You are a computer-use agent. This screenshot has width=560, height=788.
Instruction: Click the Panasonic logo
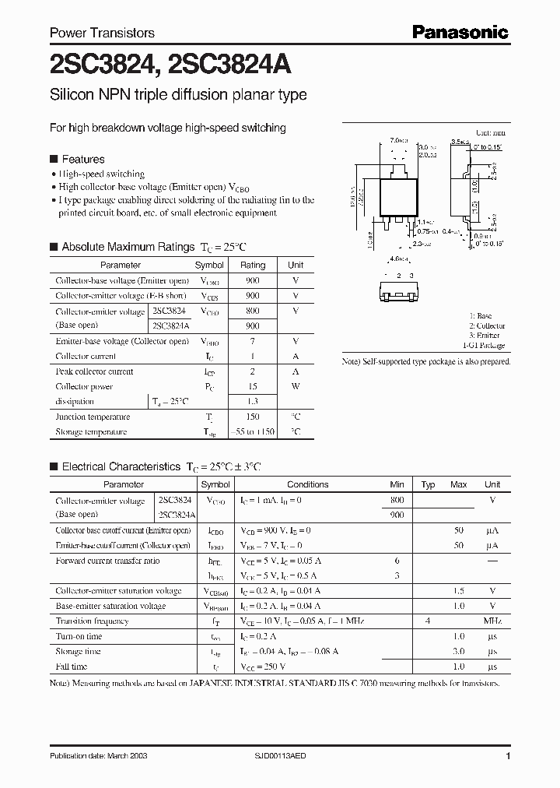(x=459, y=32)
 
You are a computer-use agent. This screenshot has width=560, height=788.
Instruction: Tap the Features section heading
(x=83, y=159)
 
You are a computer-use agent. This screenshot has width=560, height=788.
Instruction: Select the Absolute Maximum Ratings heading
(x=128, y=247)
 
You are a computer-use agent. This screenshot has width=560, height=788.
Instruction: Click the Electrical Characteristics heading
(x=121, y=466)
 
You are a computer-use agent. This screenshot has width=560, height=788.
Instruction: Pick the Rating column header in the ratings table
(x=253, y=266)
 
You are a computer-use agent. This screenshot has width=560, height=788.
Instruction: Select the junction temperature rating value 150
(x=252, y=417)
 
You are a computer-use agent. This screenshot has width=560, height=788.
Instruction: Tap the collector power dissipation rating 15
(x=252, y=386)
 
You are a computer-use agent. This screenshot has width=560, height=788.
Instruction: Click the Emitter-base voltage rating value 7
(x=252, y=341)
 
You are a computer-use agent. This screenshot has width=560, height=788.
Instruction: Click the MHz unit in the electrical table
(x=492, y=621)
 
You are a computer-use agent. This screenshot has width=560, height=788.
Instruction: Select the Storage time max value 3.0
(x=459, y=651)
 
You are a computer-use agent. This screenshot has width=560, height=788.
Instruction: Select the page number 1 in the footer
(x=508, y=756)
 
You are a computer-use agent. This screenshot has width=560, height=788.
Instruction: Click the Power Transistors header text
(x=102, y=33)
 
